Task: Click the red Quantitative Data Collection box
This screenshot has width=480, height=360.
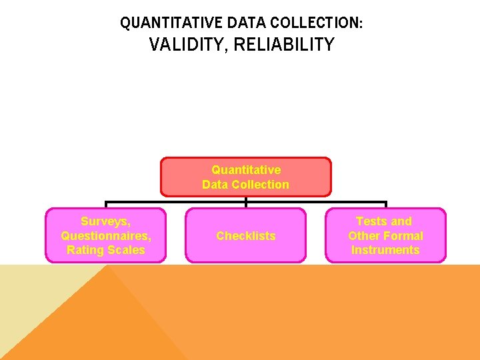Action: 246,177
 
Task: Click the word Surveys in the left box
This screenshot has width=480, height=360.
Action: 105,221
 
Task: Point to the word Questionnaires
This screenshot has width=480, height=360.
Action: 105,236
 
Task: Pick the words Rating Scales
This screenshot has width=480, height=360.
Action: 105,250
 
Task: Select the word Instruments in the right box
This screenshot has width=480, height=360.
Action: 385,250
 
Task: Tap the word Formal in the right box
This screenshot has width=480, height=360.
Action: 403,236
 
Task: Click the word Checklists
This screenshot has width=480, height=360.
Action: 246,236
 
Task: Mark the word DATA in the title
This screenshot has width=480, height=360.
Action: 245,23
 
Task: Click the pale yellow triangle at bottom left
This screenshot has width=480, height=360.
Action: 33,293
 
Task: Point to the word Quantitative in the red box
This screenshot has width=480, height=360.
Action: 246,170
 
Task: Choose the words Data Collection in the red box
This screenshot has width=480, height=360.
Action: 246,185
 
